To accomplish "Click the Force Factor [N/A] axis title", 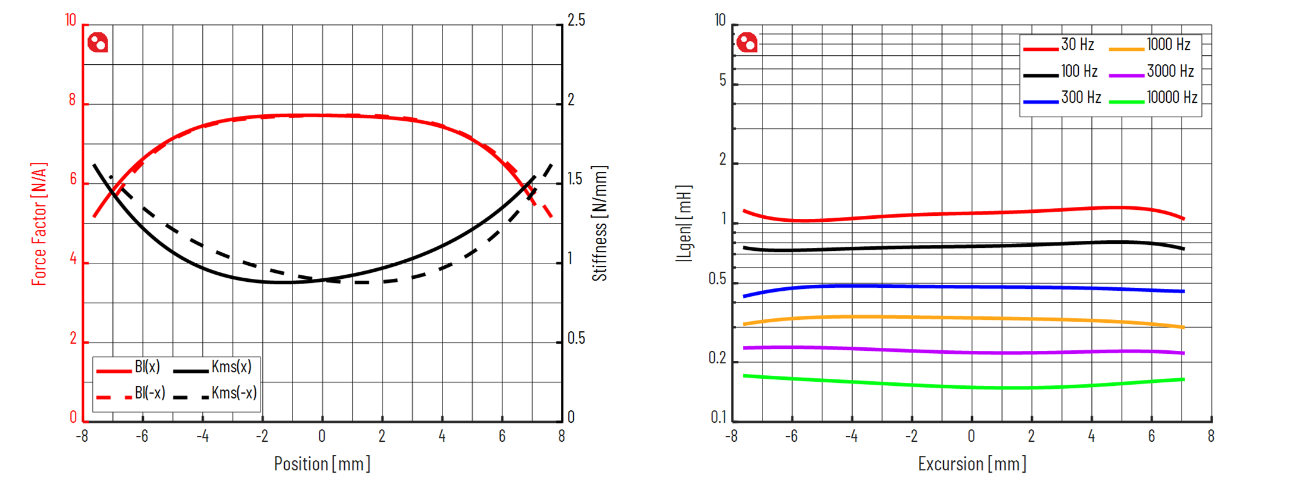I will click(39, 224).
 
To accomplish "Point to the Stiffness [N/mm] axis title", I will click(599, 224).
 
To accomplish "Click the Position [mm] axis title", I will click(322, 464).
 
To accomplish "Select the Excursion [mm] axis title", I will click(972, 464).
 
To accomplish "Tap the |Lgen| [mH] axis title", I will click(684, 224).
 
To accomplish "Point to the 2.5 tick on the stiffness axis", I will click(576, 21).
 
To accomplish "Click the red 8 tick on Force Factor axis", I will click(73, 100).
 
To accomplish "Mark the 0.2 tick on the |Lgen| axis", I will click(718, 358).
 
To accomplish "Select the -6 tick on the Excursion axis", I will click(791, 437).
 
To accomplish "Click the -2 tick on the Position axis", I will click(262, 437).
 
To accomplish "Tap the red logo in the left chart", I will click(98, 43).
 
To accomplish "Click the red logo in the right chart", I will click(746, 43).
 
